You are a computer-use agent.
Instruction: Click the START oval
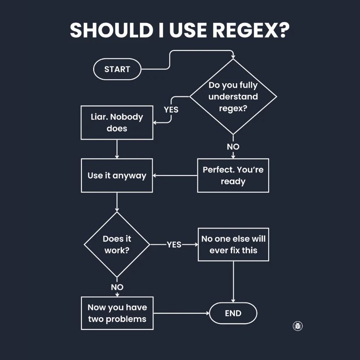[117, 69]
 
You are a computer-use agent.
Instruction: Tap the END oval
[233, 314]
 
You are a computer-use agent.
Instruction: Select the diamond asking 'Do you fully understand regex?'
[233, 97]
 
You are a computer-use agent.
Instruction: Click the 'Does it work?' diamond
[117, 244]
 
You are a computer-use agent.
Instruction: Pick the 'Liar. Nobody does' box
[117, 122]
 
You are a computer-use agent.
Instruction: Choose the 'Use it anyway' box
[117, 175]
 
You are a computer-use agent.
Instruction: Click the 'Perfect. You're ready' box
[233, 175]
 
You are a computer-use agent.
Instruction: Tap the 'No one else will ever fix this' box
[233, 244]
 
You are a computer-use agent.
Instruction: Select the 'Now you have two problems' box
[117, 313]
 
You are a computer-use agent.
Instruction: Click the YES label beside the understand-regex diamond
[171, 109]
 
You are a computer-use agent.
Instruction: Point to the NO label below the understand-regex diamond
[233, 147]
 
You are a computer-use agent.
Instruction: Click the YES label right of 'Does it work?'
[174, 244]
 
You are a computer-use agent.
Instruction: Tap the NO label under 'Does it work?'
[117, 287]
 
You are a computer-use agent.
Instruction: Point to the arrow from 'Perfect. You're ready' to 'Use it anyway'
[175, 175]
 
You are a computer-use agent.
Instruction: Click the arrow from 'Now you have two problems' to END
[180, 313]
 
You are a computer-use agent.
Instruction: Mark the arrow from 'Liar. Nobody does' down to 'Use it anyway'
[117, 149]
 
